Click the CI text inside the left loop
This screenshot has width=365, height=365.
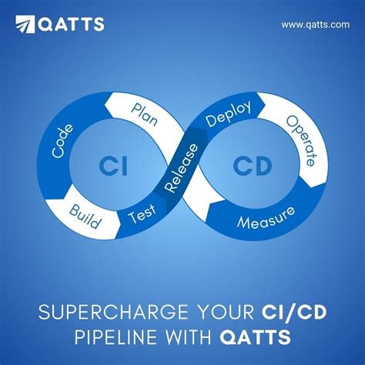(109, 164)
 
